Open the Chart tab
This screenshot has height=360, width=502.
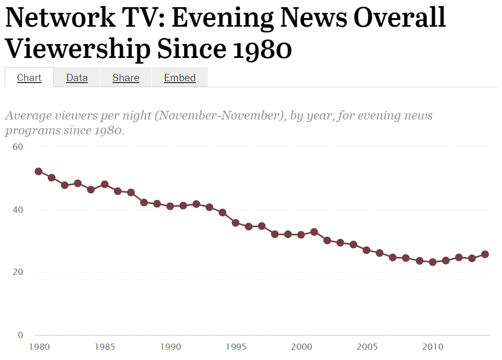coord(29,77)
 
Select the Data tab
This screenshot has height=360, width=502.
coord(77,77)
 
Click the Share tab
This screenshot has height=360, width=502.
coord(126,77)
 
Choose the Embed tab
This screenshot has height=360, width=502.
coord(180,77)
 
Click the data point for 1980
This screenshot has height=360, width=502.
coord(38,171)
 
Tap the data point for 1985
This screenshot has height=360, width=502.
coord(104,184)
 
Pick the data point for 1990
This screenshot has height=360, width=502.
coord(170,206)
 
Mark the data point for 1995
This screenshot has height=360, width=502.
coord(236,223)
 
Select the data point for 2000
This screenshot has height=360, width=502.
coord(301,234)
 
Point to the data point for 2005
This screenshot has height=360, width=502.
coord(366,250)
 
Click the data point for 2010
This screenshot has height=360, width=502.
coord(432,262)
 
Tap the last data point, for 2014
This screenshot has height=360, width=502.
coord(485,254)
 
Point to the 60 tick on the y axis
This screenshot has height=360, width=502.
coord(18,147)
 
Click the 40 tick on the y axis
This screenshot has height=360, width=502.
coord(18,210)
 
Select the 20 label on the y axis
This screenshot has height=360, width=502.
coord(18,272)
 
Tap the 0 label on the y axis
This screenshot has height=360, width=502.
coord(21,335)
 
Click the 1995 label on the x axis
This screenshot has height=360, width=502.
coord(236,347)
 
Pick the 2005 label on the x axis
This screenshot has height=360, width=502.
coord(366,347)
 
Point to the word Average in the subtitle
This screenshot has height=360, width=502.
coord(27,115)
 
